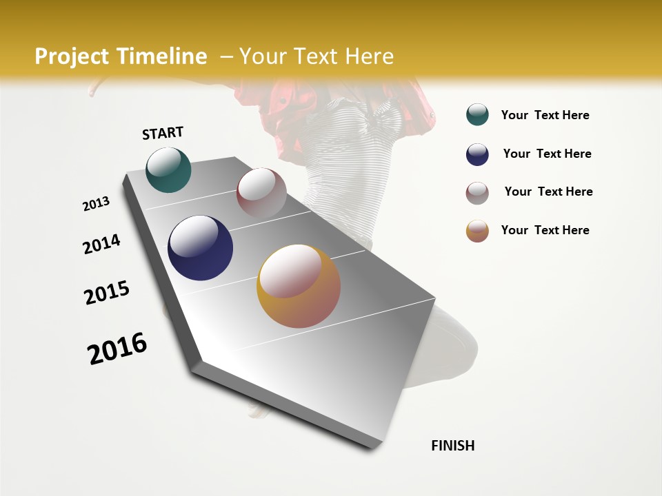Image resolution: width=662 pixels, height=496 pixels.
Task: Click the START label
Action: tap(163, 133)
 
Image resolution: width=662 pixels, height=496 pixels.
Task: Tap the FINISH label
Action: tap(453, 446)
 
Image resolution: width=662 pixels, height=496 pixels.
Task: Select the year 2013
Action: tap(97, 204)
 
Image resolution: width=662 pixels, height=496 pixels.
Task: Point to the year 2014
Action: tap(102, 245)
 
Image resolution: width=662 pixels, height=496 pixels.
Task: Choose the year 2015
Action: tap(107, 293)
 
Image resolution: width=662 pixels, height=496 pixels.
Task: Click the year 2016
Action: tap(117, 349)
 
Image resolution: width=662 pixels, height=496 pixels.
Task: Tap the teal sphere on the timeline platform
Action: tap(168, 170)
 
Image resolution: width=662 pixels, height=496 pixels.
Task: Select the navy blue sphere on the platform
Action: tap(200, 248)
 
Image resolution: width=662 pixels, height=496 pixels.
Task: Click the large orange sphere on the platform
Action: tap(299, 286)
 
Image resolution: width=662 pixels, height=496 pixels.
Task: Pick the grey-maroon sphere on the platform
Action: tap(261, 193)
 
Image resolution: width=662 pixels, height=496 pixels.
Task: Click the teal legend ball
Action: tap(477, 115)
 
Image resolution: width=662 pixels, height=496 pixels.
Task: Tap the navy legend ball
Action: tap(477, 154)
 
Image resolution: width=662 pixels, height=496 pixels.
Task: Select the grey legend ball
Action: tap(477, 192)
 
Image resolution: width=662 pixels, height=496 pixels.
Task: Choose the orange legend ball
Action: tap(477, 231)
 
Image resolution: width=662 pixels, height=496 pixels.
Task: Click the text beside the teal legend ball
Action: tap(545, 115)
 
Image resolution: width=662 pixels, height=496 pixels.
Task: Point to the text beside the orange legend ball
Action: tap(545, 230)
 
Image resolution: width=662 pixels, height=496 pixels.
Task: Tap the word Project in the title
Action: tap(72, 56)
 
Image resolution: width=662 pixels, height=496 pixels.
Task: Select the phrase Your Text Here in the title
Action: tap(317, 56)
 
